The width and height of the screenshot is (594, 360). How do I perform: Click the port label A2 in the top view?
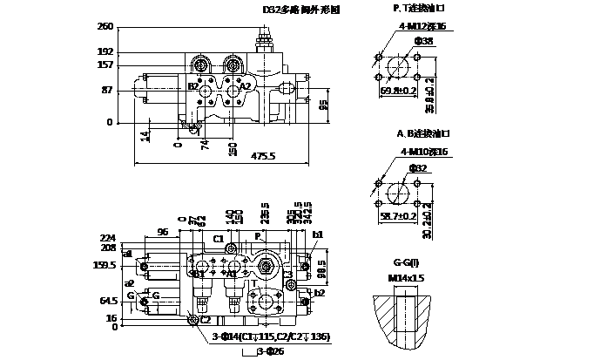[x=246, y=86]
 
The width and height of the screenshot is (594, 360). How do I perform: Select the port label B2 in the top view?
[x=193, y=86]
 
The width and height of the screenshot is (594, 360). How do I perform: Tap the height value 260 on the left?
[x=105, y=27]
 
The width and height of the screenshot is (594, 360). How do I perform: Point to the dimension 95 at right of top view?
[x=323, y=105]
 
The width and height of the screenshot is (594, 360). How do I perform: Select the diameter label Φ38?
[x=423, y=41]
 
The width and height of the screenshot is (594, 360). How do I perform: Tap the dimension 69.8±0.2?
[x=399, y=90]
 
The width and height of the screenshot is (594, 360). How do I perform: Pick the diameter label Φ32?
[x=419, y=167]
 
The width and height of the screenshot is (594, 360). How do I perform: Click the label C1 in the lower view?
[x=219, y=238]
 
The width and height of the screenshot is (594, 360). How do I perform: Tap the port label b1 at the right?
[x=318, y=234]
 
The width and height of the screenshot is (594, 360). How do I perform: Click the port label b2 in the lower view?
[x=319, y=294]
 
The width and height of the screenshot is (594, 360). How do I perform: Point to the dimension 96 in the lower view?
[x=163, y=232]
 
